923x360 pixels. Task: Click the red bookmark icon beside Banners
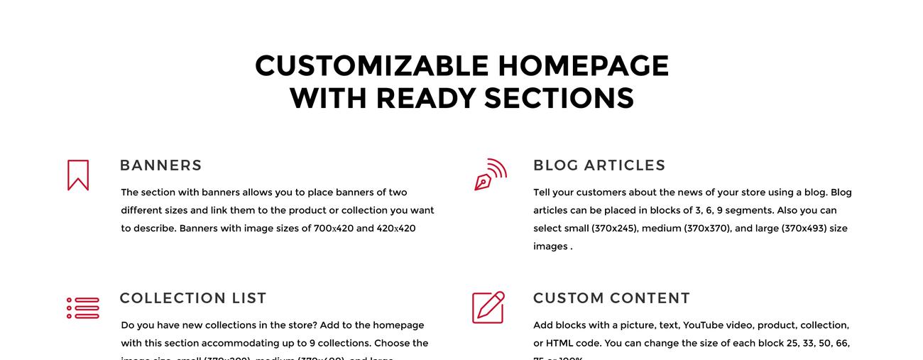pyautogui.click(x=78, y=175)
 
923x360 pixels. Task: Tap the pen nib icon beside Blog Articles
pyautogui.click(x=490, y=175)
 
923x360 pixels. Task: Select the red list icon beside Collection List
pyautogui.click(x=83, y=308)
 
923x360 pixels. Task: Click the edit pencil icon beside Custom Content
pyautogui.click(x=488, y=307)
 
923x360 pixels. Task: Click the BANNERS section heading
pyautogui.click(x=160, y=165)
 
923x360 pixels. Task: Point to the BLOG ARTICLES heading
pyautogui.click(x=599, y=165)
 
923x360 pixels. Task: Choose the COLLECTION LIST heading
pyautogui.click(x=193, y=298)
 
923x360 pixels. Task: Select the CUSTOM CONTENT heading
pyautogui.click(x=611, y=298)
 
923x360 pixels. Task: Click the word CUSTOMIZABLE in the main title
pyautogui.click(x=372, y=66)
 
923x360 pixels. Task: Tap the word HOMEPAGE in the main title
pyautogui.click(x=583, y=66)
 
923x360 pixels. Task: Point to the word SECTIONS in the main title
pyautogui.click(x=559, y=98)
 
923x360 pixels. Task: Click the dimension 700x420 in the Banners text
pyautogui.click(x=333, y=229)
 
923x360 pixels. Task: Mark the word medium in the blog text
pyautogui.click(x=660, y=229)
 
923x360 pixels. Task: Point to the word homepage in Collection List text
pyautogui.click(x=398, y=325)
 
